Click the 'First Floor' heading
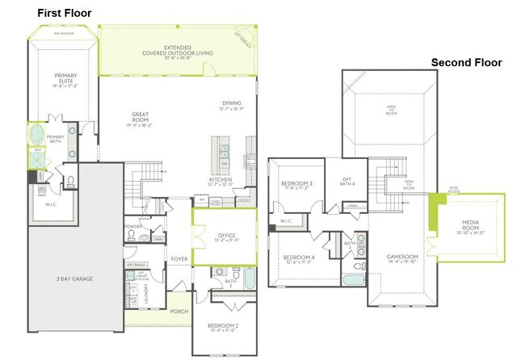pos(64,13)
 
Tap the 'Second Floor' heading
pos(466,62)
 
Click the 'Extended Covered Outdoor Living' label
pos(177,52)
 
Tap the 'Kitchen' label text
pos(221,179)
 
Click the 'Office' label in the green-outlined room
pos(225,236)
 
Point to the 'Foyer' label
pos(179,260)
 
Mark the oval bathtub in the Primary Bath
pos(38,133)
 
